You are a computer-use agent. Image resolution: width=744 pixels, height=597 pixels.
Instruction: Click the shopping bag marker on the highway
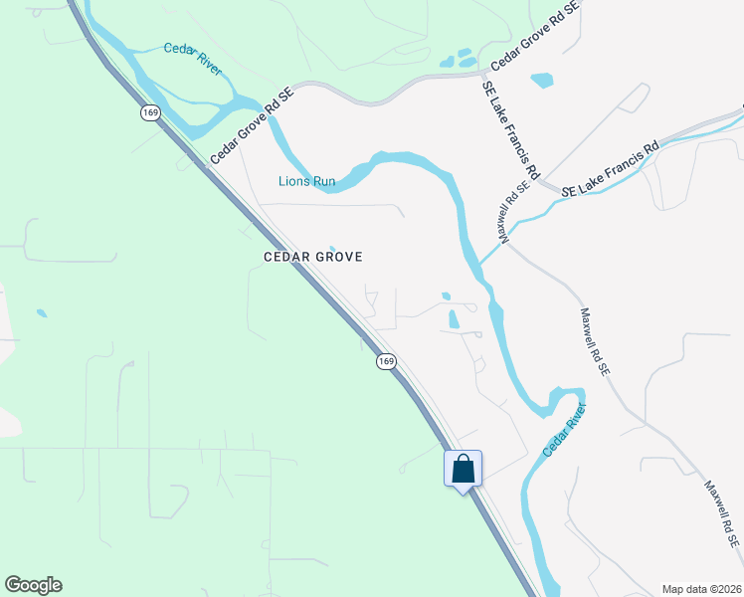pos(464,469)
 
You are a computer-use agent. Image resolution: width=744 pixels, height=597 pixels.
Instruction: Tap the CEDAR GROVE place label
pos(311,257)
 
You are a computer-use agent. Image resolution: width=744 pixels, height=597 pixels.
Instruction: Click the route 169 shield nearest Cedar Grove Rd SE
pos(150,113)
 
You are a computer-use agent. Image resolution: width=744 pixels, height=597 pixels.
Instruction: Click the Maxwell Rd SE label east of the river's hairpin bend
pos(594,340)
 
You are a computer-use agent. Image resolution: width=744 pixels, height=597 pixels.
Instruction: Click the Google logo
pos(33,585)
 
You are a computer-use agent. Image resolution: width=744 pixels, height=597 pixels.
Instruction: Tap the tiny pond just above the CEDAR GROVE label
pos(332,248)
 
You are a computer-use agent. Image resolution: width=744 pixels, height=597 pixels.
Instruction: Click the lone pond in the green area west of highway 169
pos(41,313)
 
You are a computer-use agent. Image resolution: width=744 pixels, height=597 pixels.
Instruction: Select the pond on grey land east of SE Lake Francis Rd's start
pos(542,80)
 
